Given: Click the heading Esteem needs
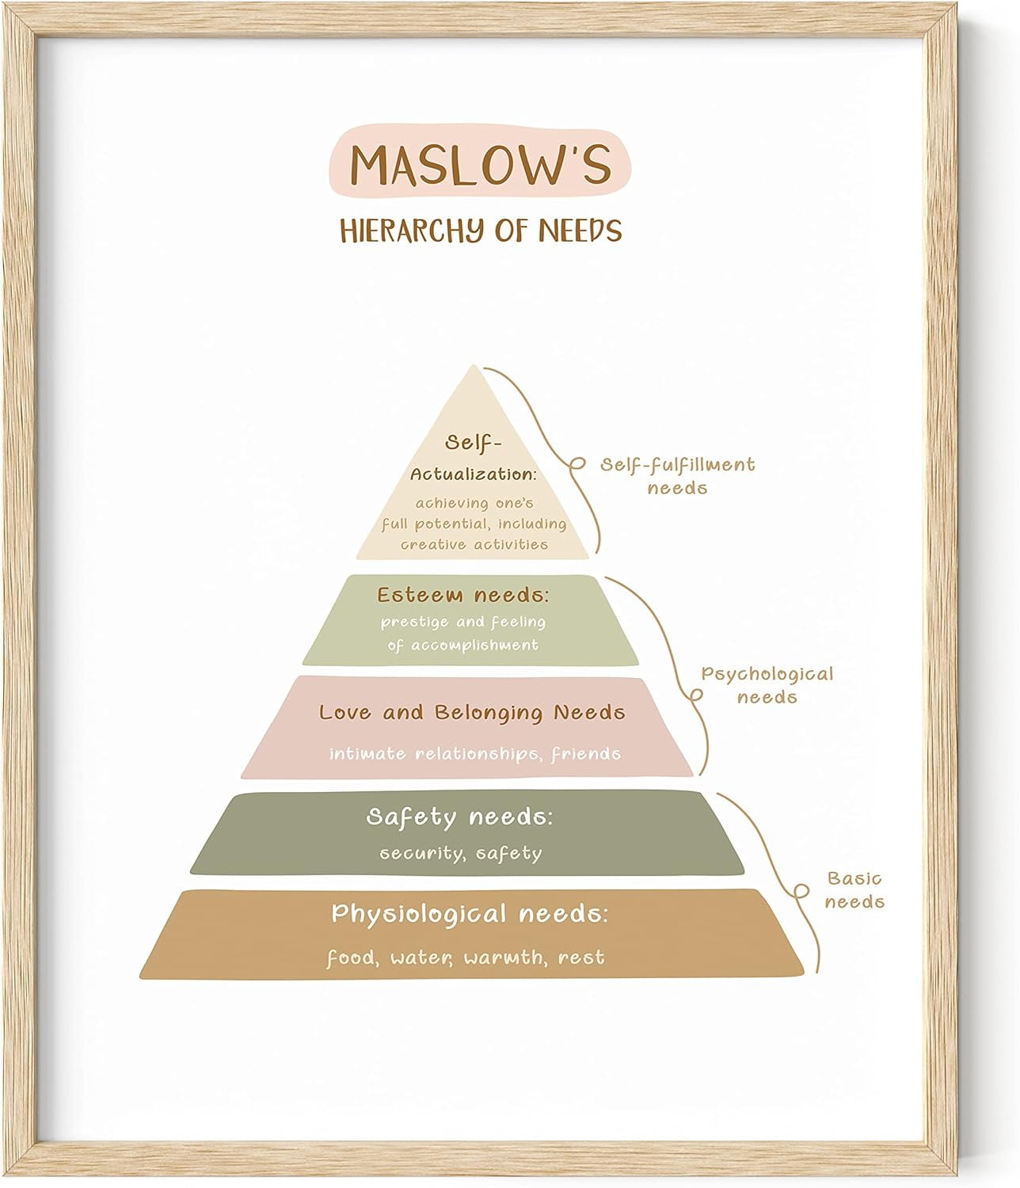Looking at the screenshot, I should pos(462,595).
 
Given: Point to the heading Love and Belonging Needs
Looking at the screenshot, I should pos(472,713).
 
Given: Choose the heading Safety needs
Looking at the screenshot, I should pos(459,817).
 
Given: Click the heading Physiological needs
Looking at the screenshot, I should pos(470,914).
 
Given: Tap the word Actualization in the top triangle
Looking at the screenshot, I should pos(473,474).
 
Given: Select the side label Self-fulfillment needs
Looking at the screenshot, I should pos(677,476).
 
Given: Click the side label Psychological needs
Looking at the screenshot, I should pos(767,686).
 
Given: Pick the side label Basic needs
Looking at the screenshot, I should pos(854,889).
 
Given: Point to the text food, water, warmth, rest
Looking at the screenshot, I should pos(466,958).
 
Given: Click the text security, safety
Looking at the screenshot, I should pos(460,854).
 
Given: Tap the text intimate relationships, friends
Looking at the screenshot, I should pos(475,753).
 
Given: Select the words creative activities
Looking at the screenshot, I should pos(474,544).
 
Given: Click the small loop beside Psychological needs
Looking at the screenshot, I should pos(696,695).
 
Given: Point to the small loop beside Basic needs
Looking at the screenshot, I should pos(801,892).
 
